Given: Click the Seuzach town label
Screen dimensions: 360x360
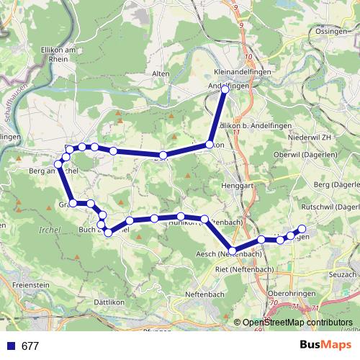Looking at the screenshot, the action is coord(343,275).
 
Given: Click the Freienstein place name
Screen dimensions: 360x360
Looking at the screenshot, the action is coord(30,285).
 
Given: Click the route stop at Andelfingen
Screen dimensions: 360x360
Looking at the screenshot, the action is coord(225,89).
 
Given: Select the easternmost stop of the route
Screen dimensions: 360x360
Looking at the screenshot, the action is coord(302,230).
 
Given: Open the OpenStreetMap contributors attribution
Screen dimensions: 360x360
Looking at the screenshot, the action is coord(297,324).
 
